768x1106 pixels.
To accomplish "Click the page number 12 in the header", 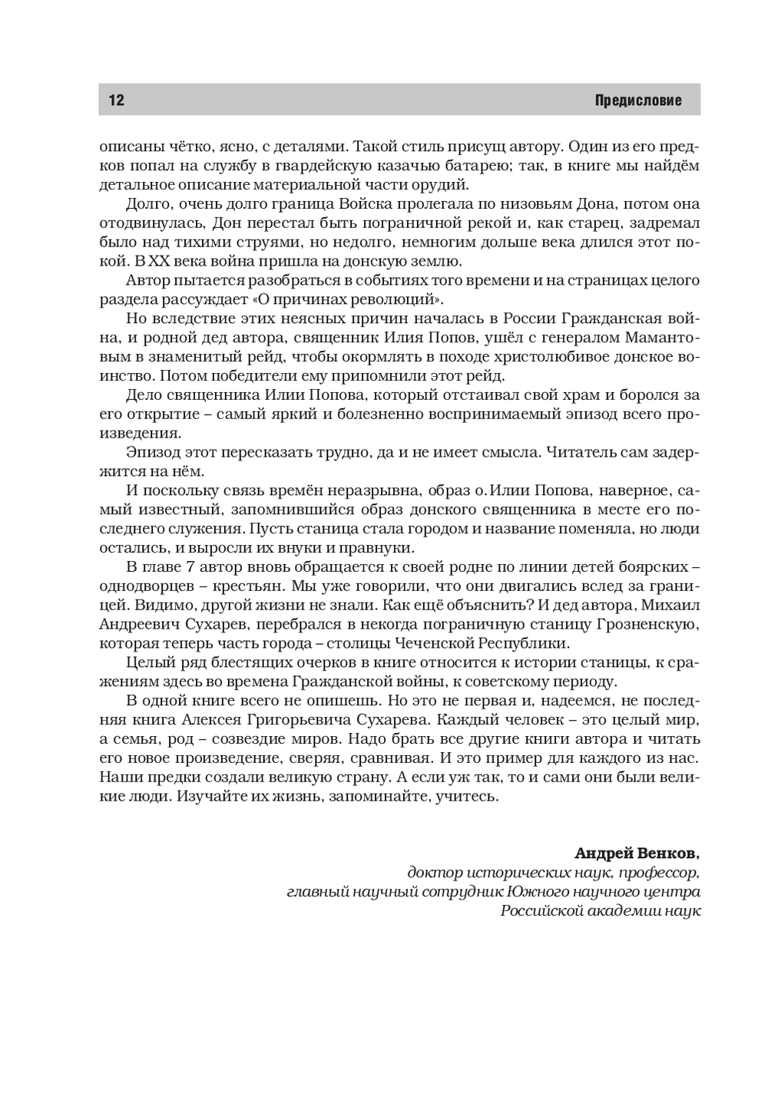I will [x=117, y=100].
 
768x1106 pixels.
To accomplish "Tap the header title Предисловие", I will [x=637, y=101].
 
